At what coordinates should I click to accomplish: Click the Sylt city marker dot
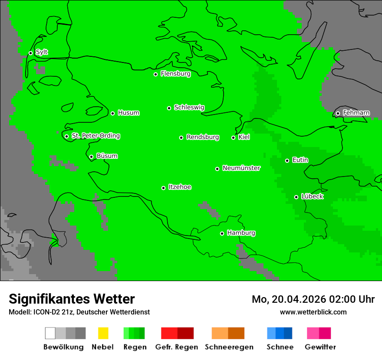pyautogui.click(x=30, y=53)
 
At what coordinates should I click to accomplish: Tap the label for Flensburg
pyautogui.click(x=175, y=74)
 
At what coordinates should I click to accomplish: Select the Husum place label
pyautogui.click(x=128, y=113)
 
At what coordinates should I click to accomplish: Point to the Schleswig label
pyautogui.click(x=189, y=107)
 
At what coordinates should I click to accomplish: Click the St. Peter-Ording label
pyautogui.click(x=95, y=136)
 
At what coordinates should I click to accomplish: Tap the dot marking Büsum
pyautogui.click(x=91, y=157)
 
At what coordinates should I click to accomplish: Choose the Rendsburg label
pyautogui.click(x=203, y=137)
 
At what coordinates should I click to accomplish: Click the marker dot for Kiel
pyautogui.click(x=233, y=137)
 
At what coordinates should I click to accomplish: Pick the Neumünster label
pyautogui.click(x=241, y=168)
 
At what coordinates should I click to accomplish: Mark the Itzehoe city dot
pyautogui.click(x=163, y=188)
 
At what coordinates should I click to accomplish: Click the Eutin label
pyautogui.click(x=300, y=160)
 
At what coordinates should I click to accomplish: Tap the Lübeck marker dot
pyautogui.click(x=296, y=197)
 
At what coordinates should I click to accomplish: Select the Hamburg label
pyautogui.click(x=241, y=233)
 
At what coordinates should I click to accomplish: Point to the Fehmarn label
pyautogui.click(x=356, y=113)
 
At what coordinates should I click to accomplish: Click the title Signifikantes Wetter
pyautogui.click(x=72, y=299)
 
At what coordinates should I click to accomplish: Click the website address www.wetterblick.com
pyautogui.click(x=313, y=312)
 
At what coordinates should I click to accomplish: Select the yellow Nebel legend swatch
pyautogui.click(x=103, y=333)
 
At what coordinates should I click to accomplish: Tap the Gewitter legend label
pyautogui.click(x=320, y=347)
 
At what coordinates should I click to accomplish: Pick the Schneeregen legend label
pyautogui.click(x=229, y=347)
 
